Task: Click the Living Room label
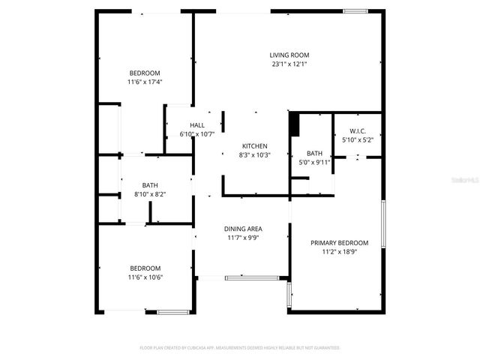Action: (x=289, y=55)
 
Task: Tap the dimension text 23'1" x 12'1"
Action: (x=289, y=64)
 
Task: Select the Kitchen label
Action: (x=254, y=145)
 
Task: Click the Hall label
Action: (x=197, y=125)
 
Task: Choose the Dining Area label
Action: (x=242, y=229)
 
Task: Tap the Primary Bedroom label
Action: (x=340, y=243)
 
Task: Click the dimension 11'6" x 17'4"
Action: (x=145, y=82)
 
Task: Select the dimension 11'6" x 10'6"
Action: (x=145, y=277)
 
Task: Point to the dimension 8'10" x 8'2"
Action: (x=150, y=194)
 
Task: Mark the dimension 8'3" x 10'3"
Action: (x=254, y=155)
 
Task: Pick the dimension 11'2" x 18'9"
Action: (x=340, y=253)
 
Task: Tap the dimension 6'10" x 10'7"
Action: (x=197, y=134)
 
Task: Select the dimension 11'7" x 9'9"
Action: (x=242, y=238)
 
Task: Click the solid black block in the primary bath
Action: (x=295, y=122)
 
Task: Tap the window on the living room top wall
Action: (x=355, y=11)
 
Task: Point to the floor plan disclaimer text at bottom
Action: (x=240, y=348)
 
